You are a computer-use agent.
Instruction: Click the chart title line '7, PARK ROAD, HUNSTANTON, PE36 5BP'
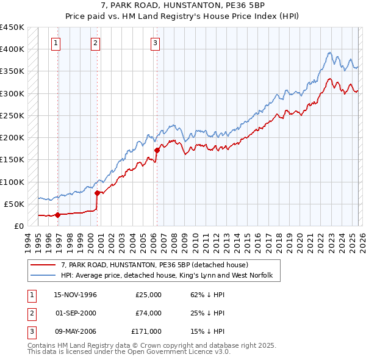coord(182,5)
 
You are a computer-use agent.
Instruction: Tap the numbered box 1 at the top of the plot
coord(56,43)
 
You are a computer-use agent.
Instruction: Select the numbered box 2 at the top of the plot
coord(96,43)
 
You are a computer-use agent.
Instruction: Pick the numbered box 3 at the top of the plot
coord(155,43)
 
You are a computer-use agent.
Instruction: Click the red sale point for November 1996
coord(57,215)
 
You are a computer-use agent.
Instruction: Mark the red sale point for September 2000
coord(97,193)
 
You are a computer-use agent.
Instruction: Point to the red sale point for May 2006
coord(157,149)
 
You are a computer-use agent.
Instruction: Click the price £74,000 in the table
coord(148,313)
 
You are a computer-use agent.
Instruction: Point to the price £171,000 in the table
coord(146,331)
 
